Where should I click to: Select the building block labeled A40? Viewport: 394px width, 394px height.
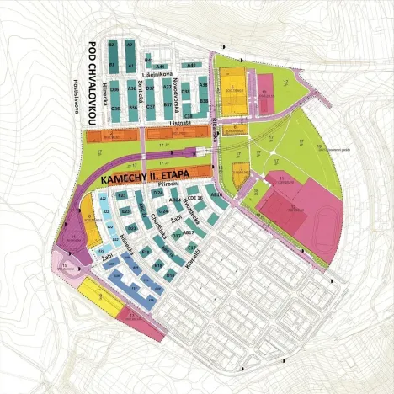(x=191, y=64)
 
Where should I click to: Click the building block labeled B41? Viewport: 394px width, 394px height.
(x=148, y=61)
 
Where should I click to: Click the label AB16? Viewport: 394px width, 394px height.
(x=217, y=195)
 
